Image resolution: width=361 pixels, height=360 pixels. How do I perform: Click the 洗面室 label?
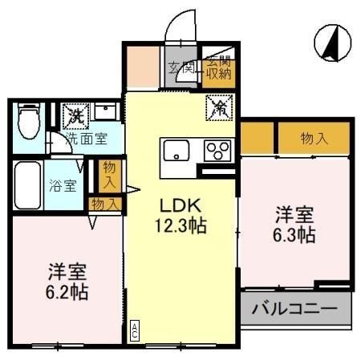click(83, 137)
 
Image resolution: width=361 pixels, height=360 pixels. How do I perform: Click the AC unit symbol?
click(135, 329)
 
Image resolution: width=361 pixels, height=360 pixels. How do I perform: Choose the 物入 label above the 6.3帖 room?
click(314, 138)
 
